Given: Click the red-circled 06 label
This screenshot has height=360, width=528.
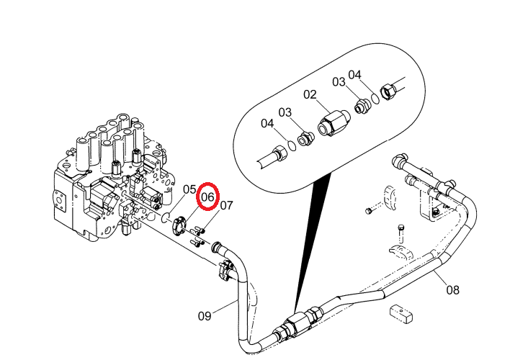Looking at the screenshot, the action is (207, 197).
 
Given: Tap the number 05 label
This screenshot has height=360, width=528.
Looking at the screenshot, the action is (189, 189).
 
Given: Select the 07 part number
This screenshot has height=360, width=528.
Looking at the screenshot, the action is (226, 205).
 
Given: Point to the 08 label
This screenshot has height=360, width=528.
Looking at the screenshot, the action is (452, 289).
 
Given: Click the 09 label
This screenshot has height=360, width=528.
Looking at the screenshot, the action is (205, 316).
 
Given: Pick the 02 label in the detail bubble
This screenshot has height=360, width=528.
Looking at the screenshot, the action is (310, 94).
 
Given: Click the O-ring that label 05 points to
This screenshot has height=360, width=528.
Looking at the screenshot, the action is (166, 217).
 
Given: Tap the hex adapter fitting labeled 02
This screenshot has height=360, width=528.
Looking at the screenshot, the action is (334, 122).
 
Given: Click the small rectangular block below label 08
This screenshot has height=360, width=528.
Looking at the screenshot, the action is (401, 313).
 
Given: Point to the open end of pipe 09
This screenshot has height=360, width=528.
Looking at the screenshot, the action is (215, 247).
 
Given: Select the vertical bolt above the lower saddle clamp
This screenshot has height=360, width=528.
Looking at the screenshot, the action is (401, 233).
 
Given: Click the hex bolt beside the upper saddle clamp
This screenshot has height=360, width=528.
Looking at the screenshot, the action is (368, 211).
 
